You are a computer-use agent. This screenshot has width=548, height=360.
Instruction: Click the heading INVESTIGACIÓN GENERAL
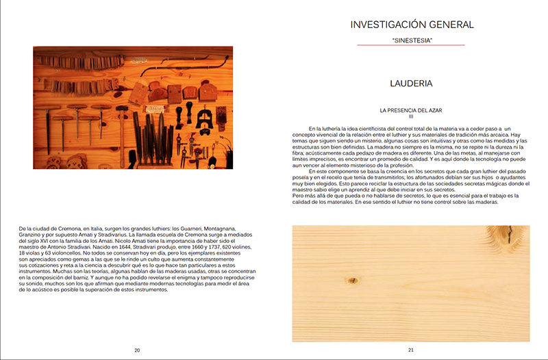pos(411,25)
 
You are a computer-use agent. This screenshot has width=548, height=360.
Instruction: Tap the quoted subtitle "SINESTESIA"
pos(412,40)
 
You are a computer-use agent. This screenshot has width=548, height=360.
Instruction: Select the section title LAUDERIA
pos(411,84)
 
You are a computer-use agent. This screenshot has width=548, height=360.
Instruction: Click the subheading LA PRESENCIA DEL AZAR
pos(411,110)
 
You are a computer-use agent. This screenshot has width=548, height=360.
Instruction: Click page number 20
pos(137,350)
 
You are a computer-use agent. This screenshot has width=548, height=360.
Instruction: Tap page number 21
pos(411,350)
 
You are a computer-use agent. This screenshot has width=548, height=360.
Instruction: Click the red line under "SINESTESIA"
pos(411,46)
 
